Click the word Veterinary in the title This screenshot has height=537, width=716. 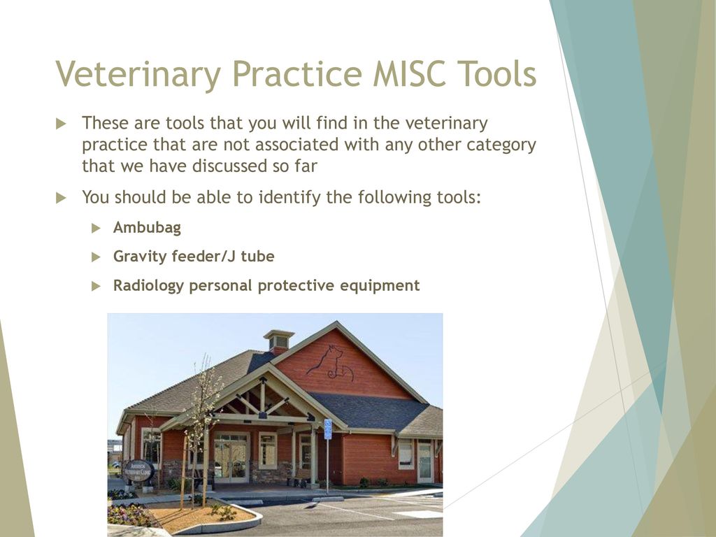(x=138, y=74)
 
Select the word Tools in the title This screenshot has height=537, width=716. (x=497, y=73)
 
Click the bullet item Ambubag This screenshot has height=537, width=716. (x=147, y=227)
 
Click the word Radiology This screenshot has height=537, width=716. (x=148, y=286)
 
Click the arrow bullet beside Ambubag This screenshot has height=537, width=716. (x=96, y=228)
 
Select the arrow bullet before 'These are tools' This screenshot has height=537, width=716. (x=61, y=123)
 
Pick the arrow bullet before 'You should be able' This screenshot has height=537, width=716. (x=61, y=198)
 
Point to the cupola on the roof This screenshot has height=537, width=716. (x=278, y=341)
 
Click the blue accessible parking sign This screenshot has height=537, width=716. (x=328, y=429)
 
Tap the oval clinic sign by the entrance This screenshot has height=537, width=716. (x=138, y=471)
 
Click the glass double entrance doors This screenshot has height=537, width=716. (x=231, y=457)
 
